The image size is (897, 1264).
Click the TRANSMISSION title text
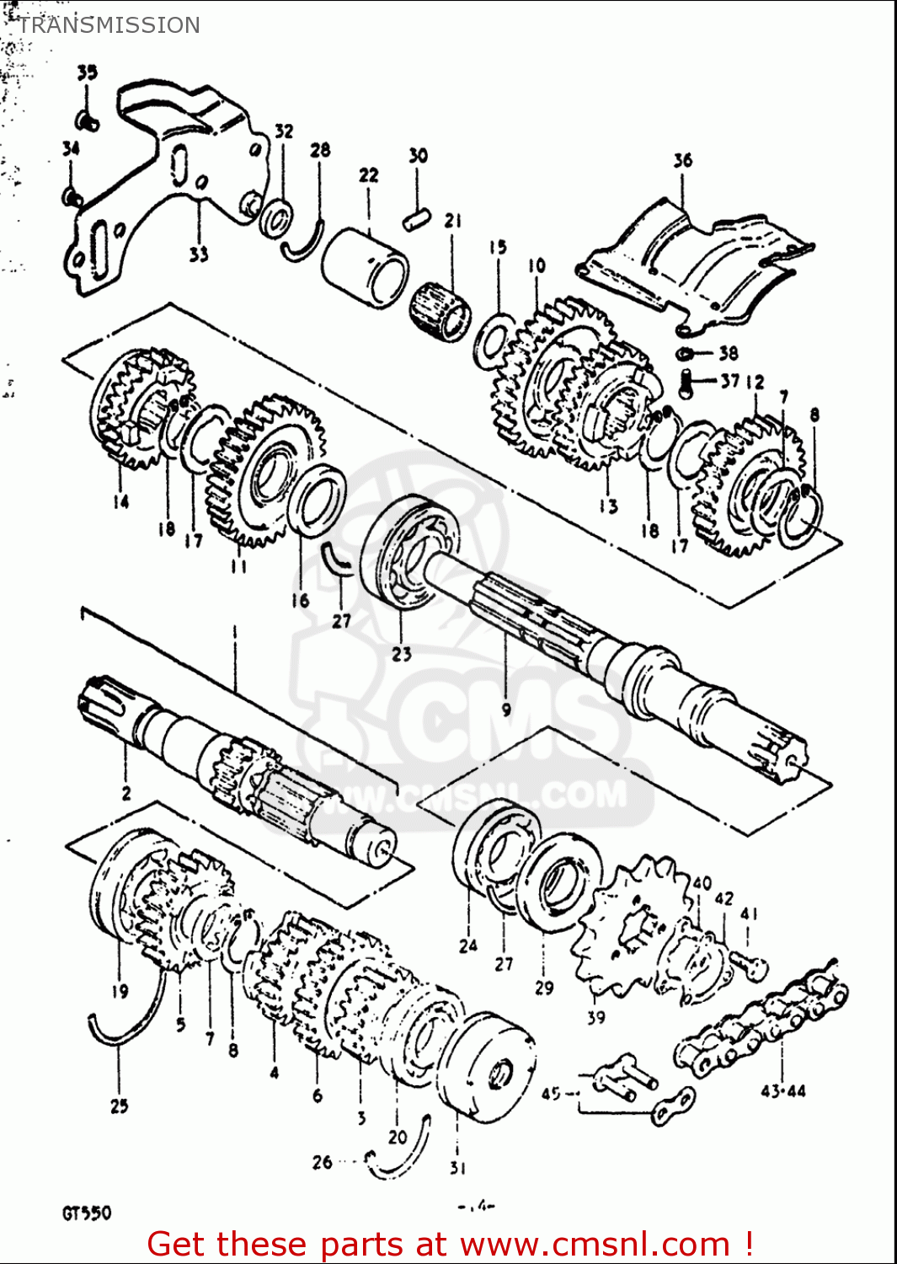point(109,25)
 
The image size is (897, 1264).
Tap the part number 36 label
point(682,160)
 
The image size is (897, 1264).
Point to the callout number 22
point(368,175)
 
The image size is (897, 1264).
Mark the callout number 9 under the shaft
point(505,710)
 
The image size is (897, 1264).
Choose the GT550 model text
point(86,1213)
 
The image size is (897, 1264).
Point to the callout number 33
point(198,254)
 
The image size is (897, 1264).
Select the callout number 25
point(119,1106)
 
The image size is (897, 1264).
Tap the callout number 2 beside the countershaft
point(125,793)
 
